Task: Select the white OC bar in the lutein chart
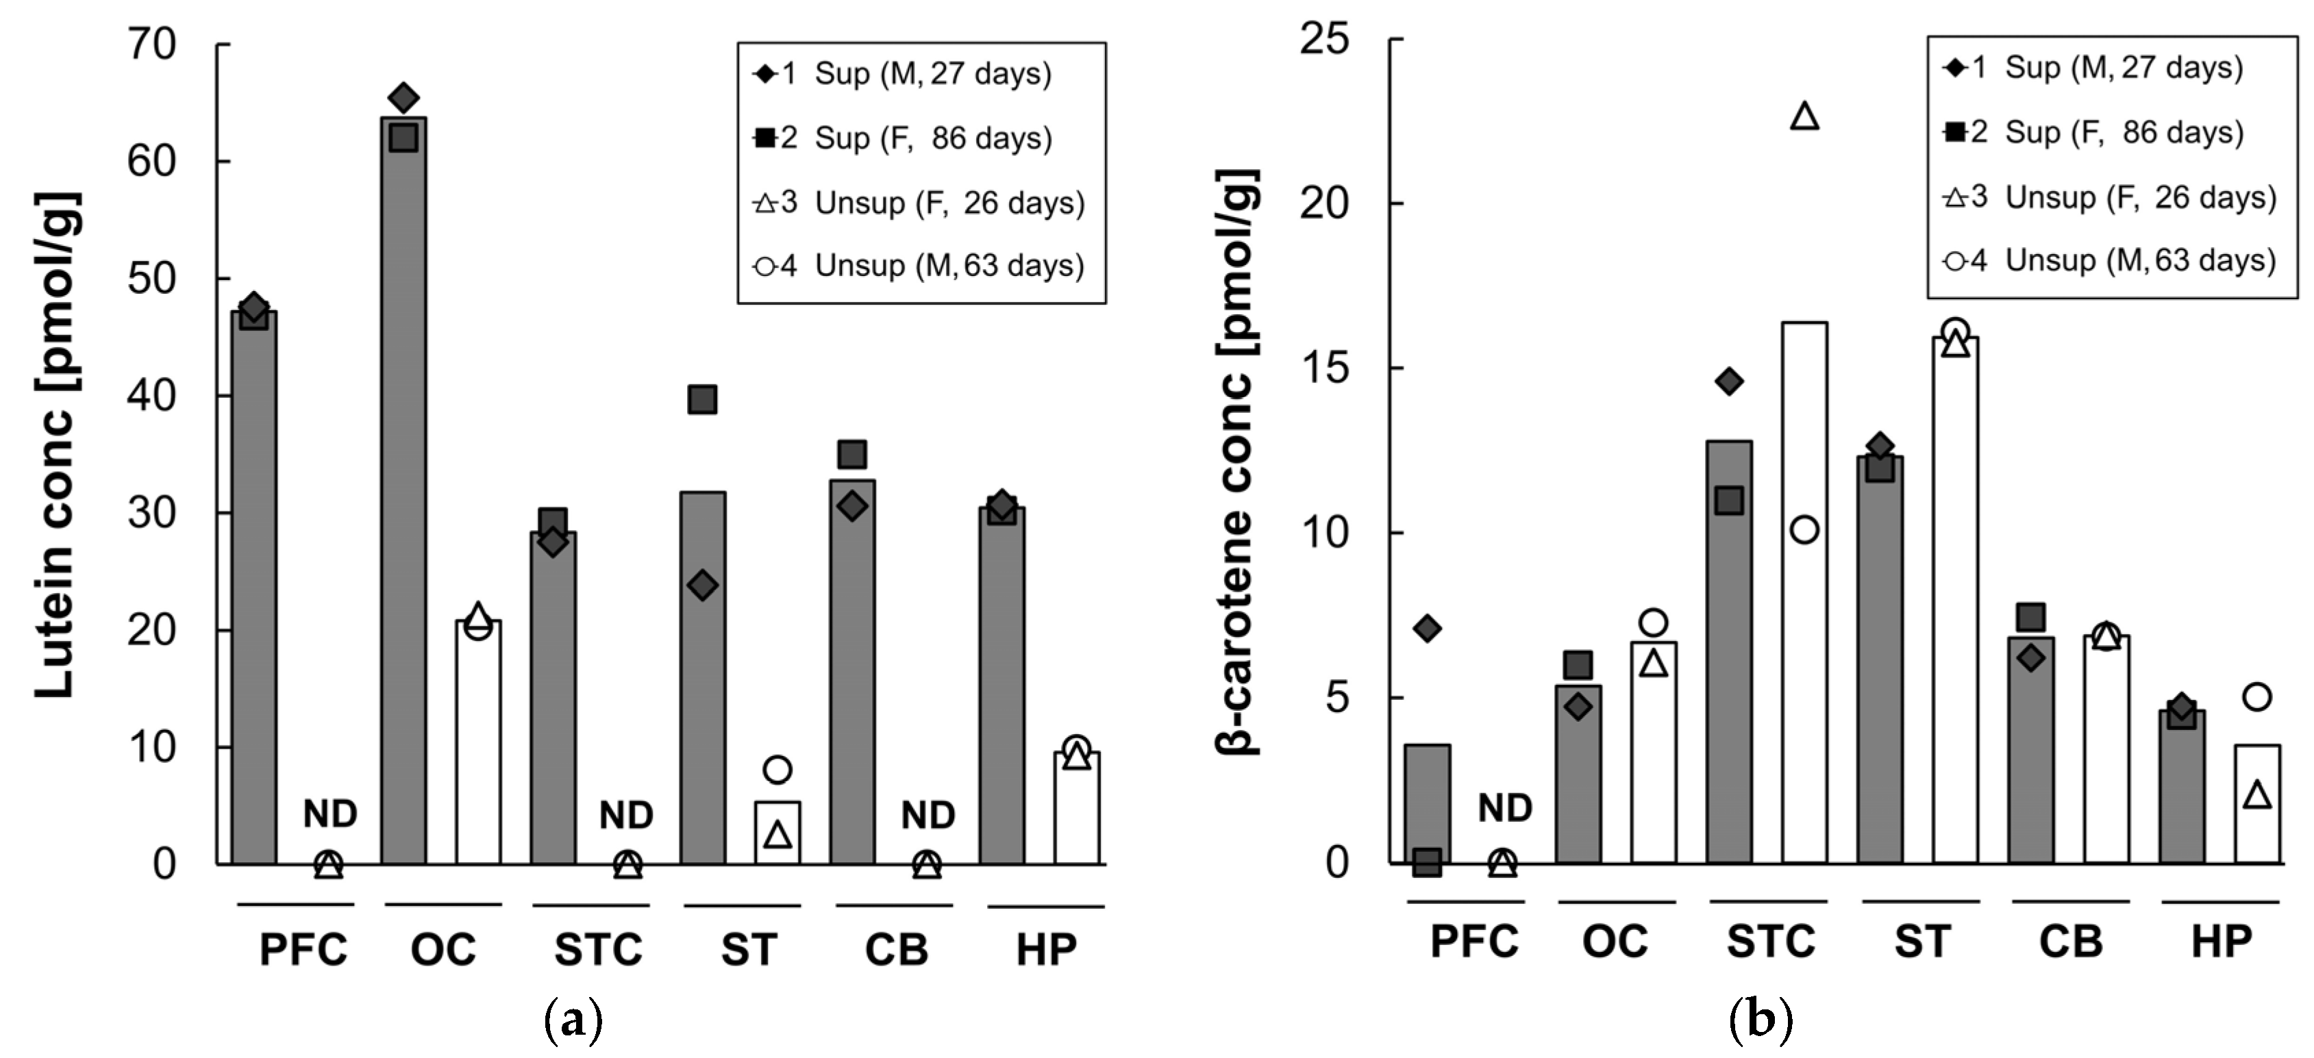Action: tap(478, 746)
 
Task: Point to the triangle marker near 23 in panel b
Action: tap(1804, 117)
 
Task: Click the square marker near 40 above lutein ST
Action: tap(701, 399)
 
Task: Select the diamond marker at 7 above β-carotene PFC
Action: tap(1426, 628)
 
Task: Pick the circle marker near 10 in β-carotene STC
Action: tap(1804, 530)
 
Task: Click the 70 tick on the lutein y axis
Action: tap(152, 45)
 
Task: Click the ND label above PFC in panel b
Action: tap(1504, 808)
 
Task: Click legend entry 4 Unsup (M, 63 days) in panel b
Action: tap(2111, 260)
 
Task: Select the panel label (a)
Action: tap(573, 1021)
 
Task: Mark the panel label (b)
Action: tap(1760, 1020)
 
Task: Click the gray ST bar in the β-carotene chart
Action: tap(1880, 665)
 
